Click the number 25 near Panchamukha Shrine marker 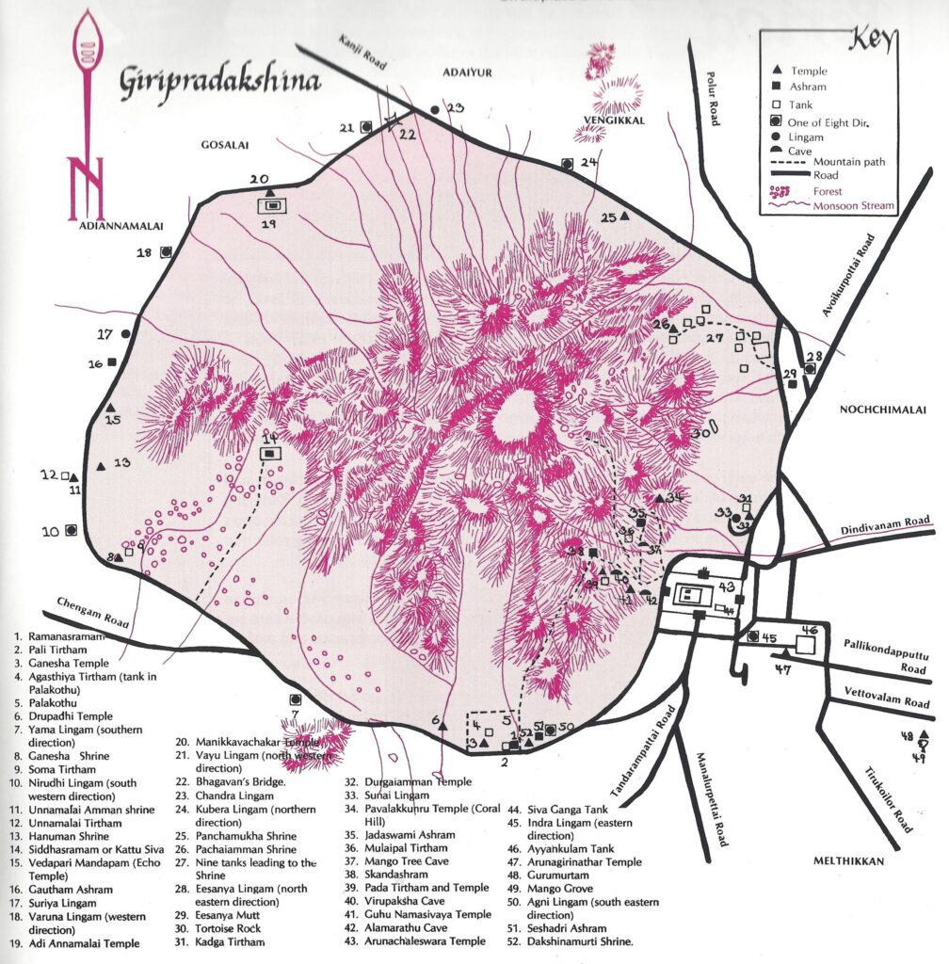coord(608,217)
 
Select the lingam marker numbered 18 coord(166,251)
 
